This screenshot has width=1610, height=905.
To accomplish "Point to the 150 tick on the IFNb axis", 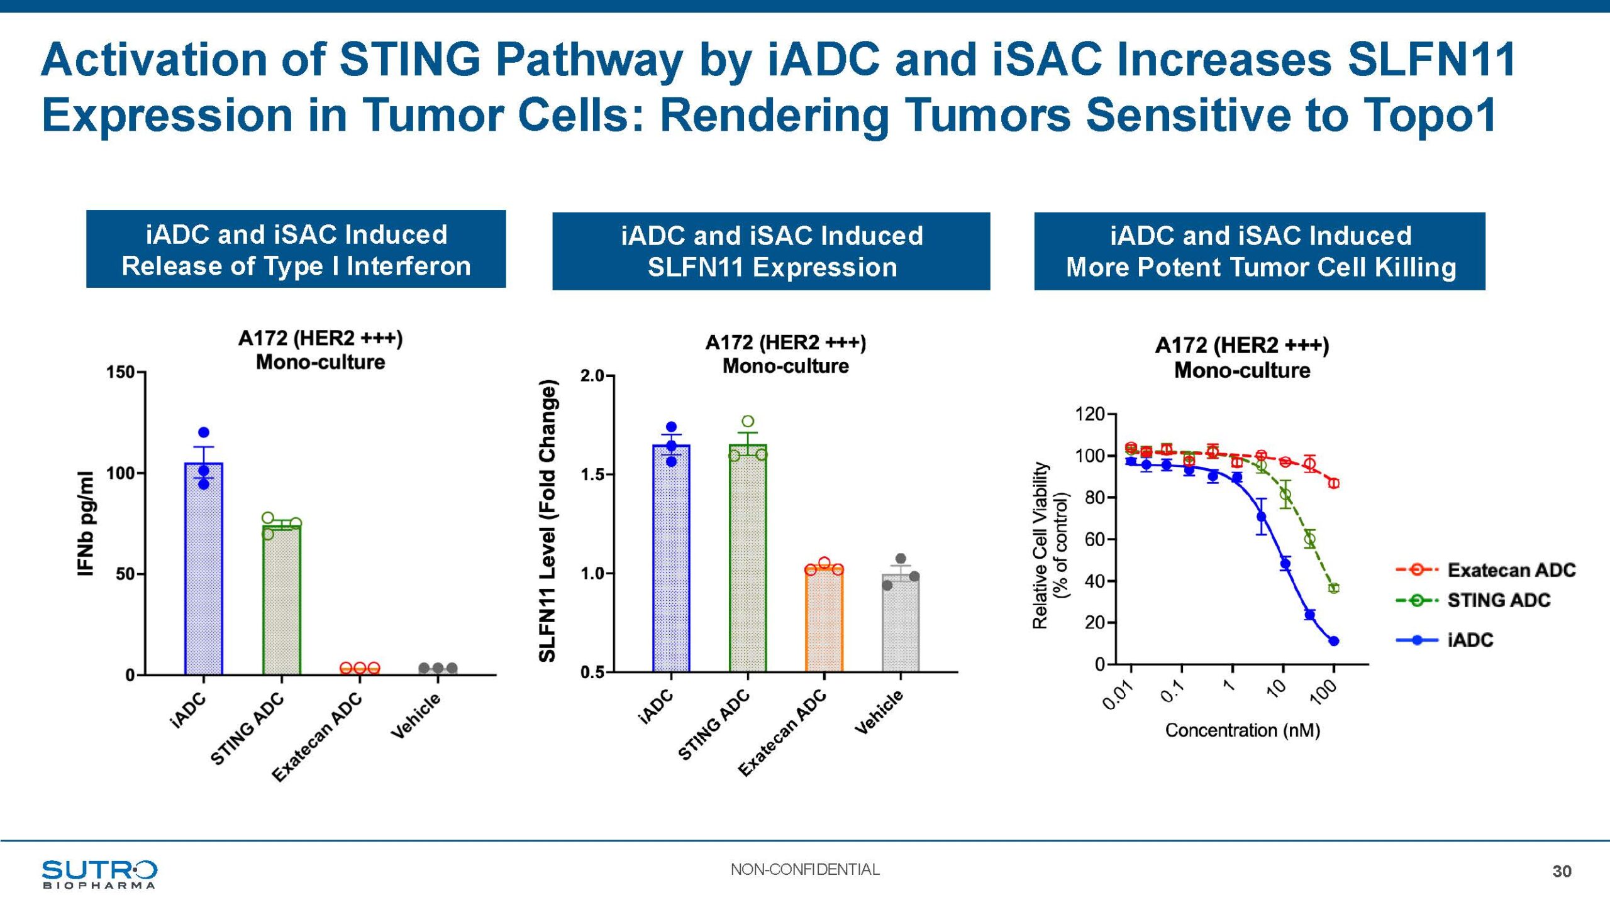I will pyautogui.click(x=121, y=372).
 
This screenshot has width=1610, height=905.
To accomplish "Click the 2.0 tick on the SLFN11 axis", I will pyautogui.click(x=592, y=376).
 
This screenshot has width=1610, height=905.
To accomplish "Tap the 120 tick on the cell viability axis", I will pyautogui.click(x=1090, y=414).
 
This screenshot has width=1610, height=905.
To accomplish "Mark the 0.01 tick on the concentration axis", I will pyautogui.click(x=1118, y=696).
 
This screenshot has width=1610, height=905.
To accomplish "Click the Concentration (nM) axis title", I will pyautogui.click(x=1242, y=730).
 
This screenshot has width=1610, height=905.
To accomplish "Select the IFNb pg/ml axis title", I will pyautogui.click(x=86, y=523).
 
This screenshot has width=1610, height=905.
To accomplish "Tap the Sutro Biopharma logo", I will pyautogui.click(x=99, y=874).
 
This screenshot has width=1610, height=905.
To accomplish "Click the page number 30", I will pyautogui.click(x=1562, y=871).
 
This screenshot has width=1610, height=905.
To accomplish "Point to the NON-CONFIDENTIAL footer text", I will pyautogui.click(x=805, y=870).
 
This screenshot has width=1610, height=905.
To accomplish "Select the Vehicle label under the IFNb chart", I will pyautogui.click(x=416, y=716).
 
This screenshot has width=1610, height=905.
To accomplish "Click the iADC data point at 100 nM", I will pyautogui.click(x=1333, y=641).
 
